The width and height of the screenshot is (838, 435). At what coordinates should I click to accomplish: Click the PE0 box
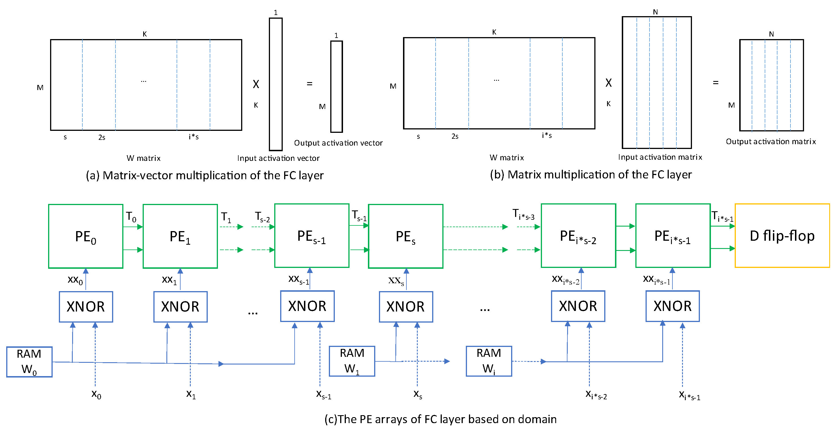click(x=85, y=236)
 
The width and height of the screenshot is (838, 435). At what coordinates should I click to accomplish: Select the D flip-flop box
click(x=782, y=236)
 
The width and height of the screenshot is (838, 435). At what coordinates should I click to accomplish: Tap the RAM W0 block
click(x=29, y=362)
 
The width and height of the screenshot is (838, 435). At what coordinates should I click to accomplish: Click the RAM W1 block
click(x=352, y=361)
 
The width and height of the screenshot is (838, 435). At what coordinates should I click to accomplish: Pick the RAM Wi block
click(x=488, y=361)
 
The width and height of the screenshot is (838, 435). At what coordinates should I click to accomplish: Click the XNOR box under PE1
click(x=180, y=307)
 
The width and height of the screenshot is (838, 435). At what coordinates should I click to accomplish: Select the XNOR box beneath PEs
click(x=406, y=307)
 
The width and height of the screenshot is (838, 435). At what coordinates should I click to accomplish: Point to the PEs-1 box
click(x=312, y=236)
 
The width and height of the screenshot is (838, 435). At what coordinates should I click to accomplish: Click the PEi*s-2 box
click(x=578, y=236)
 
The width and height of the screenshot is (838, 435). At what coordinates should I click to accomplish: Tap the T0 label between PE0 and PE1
click(x=131, y=217)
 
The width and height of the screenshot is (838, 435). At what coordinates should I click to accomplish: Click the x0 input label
click(x=96, y=394)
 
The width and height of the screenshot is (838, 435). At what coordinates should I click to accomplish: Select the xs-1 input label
click(x=323, y=394)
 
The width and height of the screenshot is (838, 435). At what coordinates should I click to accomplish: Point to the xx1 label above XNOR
click(x=169, y=280)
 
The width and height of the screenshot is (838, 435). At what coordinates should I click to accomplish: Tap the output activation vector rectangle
click(x=337, y=86)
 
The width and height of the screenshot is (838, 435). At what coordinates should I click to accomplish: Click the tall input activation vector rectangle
click(x=276, y=84)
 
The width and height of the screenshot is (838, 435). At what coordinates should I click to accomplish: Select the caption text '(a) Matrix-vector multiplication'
click(x=205, y=176)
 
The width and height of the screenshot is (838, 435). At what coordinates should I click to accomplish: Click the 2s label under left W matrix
click(x=102, y=137)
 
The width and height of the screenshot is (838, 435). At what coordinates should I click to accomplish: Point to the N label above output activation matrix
click(x=771, y=34)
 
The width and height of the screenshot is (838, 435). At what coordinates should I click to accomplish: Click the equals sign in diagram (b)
click(x=716, y=83)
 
